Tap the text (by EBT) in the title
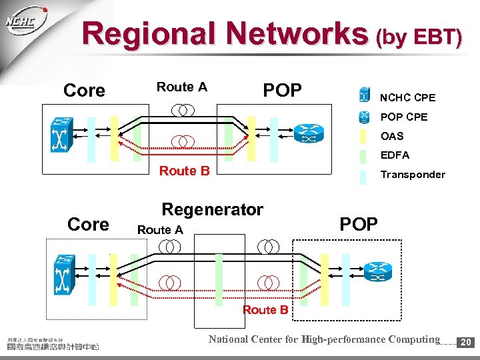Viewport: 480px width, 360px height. [418, 37]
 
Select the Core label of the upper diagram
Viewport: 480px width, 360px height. [84, 91]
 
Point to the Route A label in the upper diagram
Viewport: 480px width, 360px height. [181, 87]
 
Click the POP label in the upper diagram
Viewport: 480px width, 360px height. [283, 90]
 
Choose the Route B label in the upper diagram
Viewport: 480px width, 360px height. [184, 171]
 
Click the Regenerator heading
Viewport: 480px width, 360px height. [213, 209]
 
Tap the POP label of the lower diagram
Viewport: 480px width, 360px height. [359, 224]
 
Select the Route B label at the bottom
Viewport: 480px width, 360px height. [265, 309]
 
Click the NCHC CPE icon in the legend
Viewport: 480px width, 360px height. [364, 96]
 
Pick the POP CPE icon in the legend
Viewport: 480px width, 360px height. [364, 117]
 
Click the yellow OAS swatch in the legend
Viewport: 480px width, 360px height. [363, 136]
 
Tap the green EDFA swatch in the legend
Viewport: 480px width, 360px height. [363, 155]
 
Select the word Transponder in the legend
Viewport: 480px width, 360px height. [412, 175]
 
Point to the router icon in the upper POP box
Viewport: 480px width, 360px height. [308, 134]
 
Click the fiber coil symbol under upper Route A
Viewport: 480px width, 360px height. [181, 109]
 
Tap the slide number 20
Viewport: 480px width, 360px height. [467, 342]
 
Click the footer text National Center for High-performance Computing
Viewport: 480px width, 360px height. [324, 339]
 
